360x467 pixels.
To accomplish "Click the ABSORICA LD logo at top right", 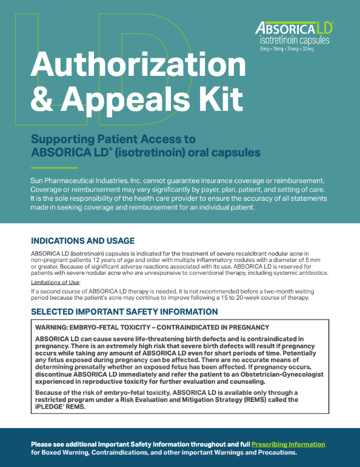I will pos(294,28).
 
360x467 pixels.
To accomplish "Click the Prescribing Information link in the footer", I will pos(288,445).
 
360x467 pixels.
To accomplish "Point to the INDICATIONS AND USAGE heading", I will pos(83,241).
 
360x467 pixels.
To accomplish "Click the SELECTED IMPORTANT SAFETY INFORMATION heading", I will pos(124,312).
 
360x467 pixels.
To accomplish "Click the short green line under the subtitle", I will pos(54,167).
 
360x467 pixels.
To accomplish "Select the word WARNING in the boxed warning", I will pos(55,327).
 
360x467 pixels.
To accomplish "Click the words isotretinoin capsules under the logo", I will pos(293,41).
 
